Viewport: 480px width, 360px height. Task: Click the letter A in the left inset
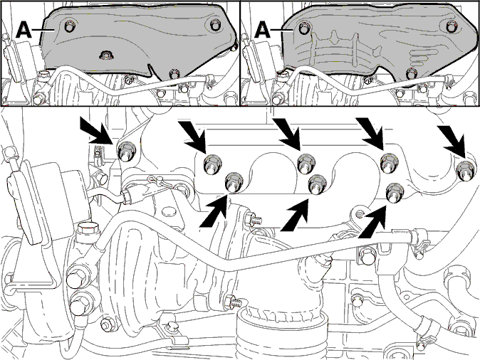click(x=24, y=30)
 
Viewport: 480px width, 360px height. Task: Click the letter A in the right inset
click(x=262, y=30)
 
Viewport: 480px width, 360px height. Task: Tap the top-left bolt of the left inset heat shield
click(x=70, y=27)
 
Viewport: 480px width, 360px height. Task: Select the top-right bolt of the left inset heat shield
click(x=215, y=25)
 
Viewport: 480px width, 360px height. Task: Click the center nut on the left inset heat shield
click(x=106, y=55)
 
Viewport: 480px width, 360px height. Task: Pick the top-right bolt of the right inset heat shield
click(x=452, y=26)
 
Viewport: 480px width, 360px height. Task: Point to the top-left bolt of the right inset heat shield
click(x=304, y=28)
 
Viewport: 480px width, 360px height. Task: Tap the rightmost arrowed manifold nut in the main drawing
click(x=466, y=171)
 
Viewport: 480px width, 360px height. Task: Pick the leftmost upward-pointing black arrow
click(x=214, y=211)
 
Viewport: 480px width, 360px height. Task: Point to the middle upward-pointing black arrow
click(x=295, y=215)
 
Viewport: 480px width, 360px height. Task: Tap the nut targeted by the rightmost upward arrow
click(x=394, y=192)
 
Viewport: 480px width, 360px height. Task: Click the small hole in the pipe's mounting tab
click(x=360, y=213)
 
